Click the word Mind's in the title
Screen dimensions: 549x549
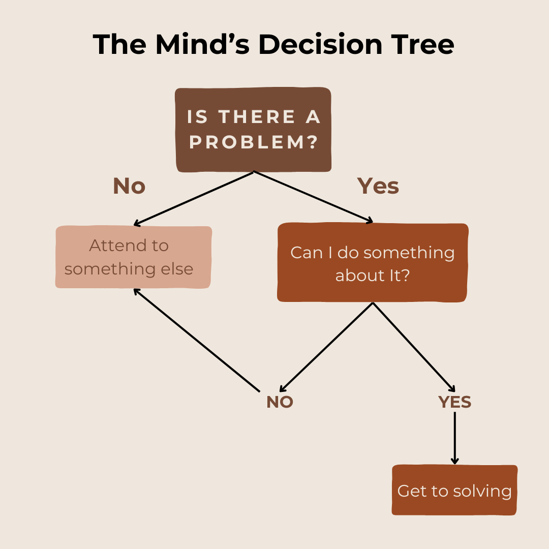tap(204, 44)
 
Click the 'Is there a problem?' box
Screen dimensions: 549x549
tap(253, 130)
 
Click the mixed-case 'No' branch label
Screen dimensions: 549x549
tap(129, 186)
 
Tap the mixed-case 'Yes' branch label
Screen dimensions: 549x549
tap(378, 186)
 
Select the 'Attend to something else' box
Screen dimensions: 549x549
tap(133, 257)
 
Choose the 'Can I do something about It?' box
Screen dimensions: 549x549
tap(372, 263)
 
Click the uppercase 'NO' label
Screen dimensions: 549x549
tap(280, 402)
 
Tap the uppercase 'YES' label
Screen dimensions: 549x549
tap(454, 402)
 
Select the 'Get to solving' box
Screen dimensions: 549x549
tap(454, 491)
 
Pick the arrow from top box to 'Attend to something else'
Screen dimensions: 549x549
tap(193, 199)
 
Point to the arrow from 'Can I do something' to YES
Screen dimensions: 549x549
tap(414, 346)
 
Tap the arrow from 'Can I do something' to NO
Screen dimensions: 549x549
tap(326, 346)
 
